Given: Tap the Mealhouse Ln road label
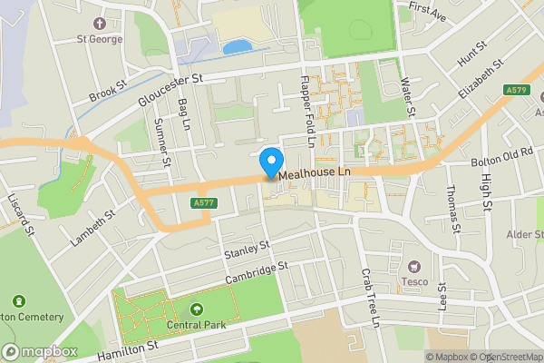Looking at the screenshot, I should tap(314, 171).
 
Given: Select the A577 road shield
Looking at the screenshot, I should tap(204, 203).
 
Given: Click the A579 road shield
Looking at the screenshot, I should tap(517, 90).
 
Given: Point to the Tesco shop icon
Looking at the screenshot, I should tap(416, 266).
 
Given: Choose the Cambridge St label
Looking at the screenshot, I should tap(256, 273).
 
